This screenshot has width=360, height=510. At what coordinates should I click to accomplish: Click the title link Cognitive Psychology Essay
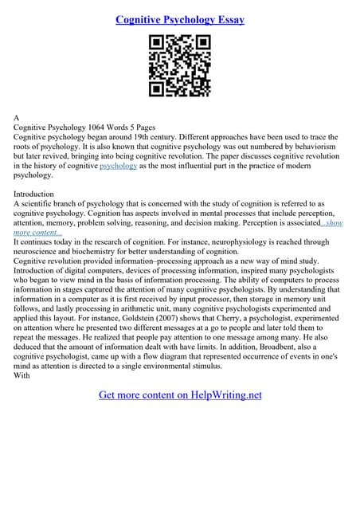click(179, 18)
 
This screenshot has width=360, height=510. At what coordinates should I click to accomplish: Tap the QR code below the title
click(179, 68)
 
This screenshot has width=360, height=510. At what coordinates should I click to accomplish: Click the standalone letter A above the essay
click(18, 117)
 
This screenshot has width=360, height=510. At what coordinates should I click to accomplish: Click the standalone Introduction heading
click(34, 194)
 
